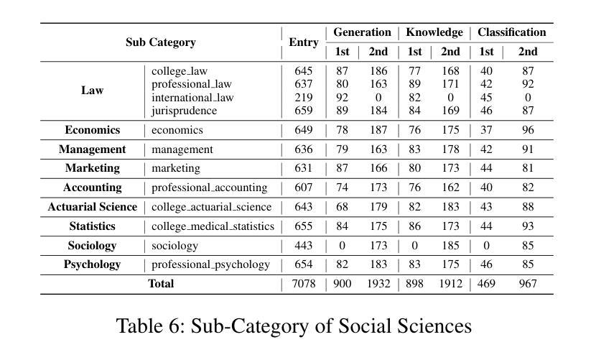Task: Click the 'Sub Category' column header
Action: tap(161, 42)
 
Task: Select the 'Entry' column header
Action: tap(303, 42)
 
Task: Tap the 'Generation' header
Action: tap(362, 32)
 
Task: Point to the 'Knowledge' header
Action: tap(434, 32)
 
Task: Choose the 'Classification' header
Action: tap(511, 32)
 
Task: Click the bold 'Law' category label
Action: tap(93, 91)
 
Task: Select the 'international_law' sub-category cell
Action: tap(192, 98)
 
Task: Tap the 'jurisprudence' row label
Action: tap(184, 111)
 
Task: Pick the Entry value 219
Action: tap(303, 98)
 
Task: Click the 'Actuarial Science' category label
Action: tap(93, 207)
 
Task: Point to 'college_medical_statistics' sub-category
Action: tap(213, 226)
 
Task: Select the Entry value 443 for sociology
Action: tap(303, 246)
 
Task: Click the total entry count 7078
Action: tap(303, 284)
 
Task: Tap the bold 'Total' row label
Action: tap(161, 284)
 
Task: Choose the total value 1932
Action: tap(378, 284)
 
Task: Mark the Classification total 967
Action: tap(528, 284)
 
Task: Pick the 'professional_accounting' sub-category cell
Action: tap(209, 188)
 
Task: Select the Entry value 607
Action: tap(303, 188)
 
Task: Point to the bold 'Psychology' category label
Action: tap(93, 264)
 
